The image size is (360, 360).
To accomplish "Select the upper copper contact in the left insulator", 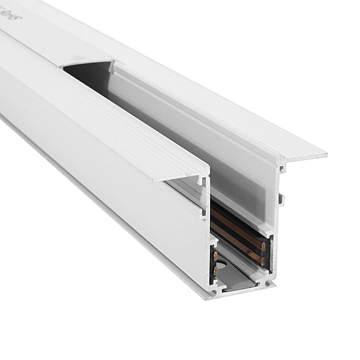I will (x=215, y=256).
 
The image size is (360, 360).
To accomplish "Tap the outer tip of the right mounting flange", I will (x=325, y=155).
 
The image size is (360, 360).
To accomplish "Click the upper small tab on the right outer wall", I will (x=282, y=170).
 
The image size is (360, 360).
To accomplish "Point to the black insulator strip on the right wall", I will (x=240, y=231).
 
